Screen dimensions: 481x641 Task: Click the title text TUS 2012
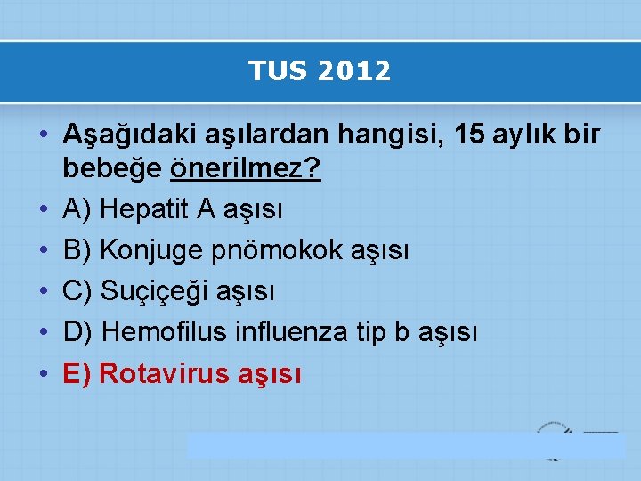click(320, 71)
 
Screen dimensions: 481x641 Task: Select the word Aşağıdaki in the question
click(117, 135)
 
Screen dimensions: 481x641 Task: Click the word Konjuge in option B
click(152, 250)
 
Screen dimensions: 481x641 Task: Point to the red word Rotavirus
click(166, 373)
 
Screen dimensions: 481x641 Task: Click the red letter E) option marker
click(77, 373)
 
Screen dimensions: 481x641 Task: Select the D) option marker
click(78, 332)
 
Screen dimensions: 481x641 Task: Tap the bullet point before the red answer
click(44, 373)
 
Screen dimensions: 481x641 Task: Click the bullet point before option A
click(44, 209)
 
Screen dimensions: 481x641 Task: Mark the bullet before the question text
click(44, 135)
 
